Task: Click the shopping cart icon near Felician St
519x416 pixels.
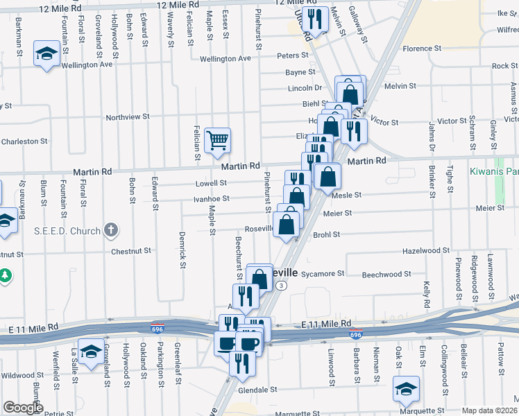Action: click(x=218, y=141)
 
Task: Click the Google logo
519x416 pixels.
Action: click(x=22, y=408)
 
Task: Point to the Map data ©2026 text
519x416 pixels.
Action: click(x=489, y=410)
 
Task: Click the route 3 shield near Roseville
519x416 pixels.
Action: click(x=281, y=285)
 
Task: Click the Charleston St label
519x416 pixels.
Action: click(x=24, y=141)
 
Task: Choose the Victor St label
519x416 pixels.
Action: click(x=384, y=122)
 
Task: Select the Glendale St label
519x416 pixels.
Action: click(x=258, y=390)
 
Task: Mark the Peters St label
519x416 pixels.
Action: click(x=292, y=55)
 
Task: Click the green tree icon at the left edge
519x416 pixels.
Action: click(x=6, y=276)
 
